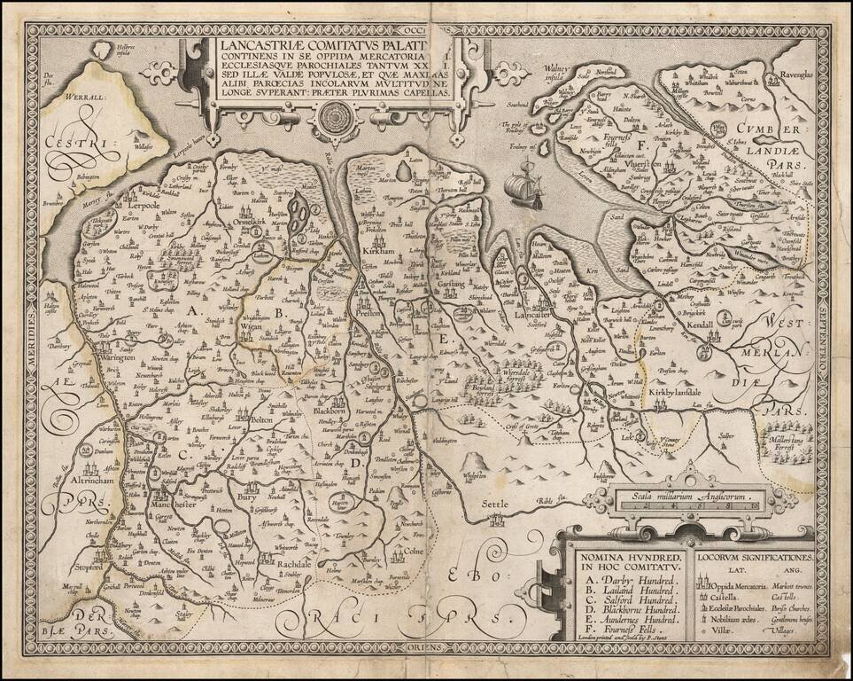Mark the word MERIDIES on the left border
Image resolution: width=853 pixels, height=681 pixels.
point(34,324)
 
